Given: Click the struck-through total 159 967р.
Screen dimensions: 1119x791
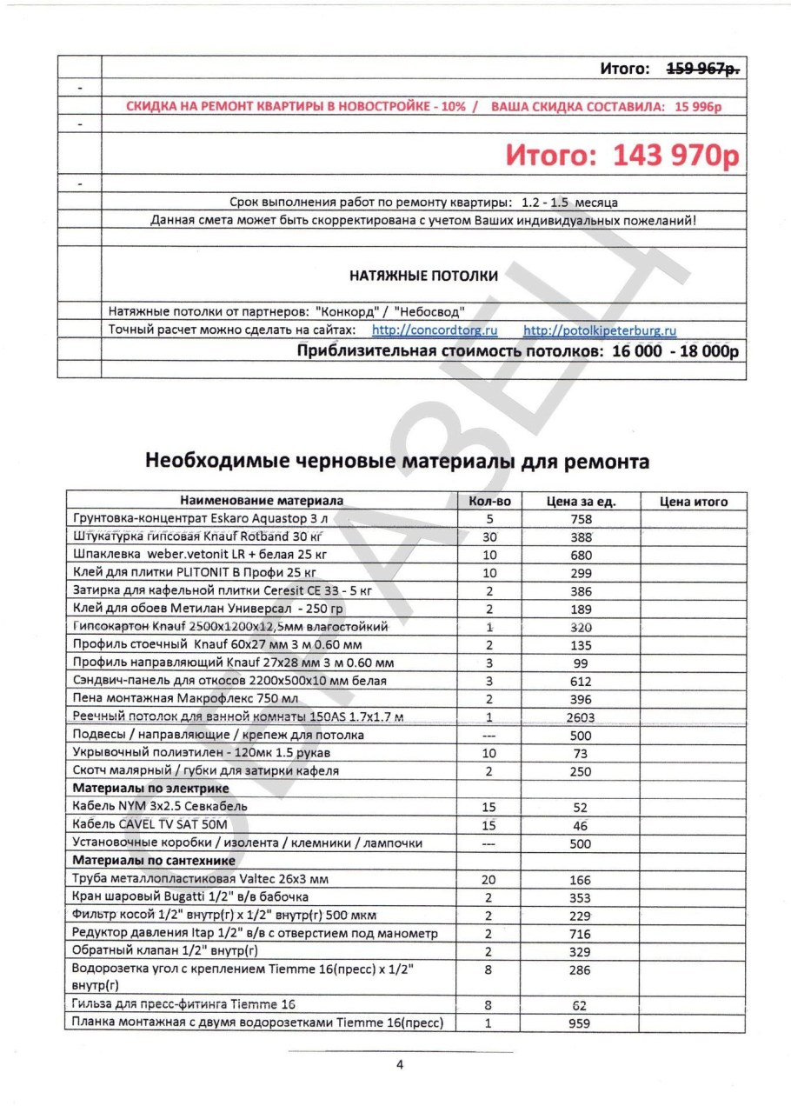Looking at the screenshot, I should (702, 69).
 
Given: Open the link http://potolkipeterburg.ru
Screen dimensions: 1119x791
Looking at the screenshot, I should (600, 330).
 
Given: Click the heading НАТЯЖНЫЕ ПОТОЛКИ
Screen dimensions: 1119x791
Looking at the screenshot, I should (423, 276).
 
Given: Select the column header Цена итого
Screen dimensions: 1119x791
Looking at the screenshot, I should (693, 501).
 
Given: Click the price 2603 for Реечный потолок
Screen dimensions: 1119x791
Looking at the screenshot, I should (579, 716).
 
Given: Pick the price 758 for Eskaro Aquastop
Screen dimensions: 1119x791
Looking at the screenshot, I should (579, 519).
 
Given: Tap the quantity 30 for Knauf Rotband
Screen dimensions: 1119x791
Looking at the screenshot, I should (489, 536).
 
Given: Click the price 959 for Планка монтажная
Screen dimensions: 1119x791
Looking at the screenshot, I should (579, 1023).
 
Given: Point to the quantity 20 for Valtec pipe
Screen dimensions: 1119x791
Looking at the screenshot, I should (489, 879).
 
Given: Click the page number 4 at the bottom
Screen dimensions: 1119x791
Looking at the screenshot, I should (400, 1065).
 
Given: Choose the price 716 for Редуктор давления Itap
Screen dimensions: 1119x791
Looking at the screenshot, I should (579, 933).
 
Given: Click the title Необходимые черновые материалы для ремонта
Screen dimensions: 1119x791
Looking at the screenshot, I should (396, 461).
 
